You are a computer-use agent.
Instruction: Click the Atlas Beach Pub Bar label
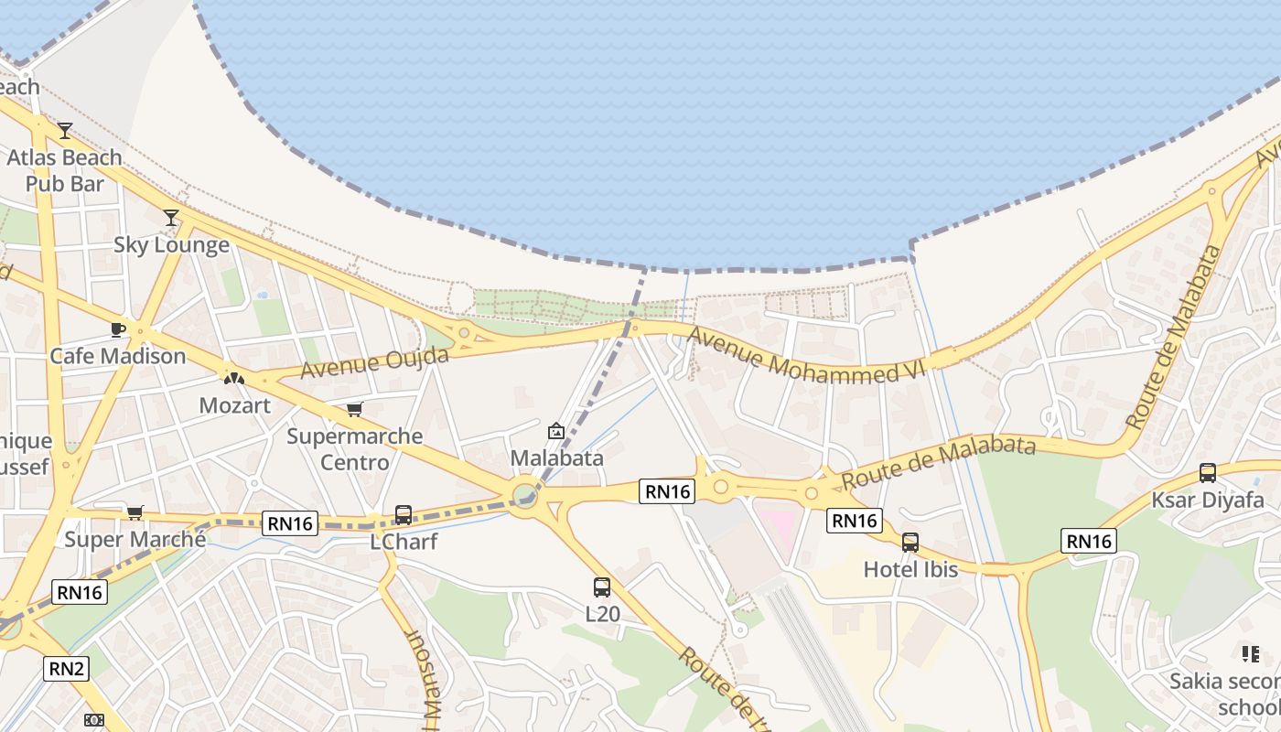[x=64, y=170]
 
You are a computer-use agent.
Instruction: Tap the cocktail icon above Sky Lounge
[x=171, y=218]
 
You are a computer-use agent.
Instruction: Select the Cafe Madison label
[x=117, y=356]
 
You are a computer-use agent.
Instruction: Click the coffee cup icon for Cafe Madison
[x=117, y=329]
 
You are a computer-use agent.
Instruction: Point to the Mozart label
[x=234, y=404]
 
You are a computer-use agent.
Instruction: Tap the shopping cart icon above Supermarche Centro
[x=354, y=409]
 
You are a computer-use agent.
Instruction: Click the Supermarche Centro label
[x=354, y=448]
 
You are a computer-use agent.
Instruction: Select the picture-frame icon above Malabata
[x=556, y=431]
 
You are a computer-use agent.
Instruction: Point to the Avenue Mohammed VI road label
[x=806, y=357]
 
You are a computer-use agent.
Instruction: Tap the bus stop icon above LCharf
[x=404, y=515]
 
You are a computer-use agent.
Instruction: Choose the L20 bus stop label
[x=601, y=614]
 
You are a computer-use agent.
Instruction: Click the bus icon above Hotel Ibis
[x=910, y=543]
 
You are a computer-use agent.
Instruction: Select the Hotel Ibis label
[x=910, y=569]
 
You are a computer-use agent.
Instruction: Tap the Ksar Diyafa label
[x=1207, y=501]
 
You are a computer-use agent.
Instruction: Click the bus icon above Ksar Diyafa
[x=1208, y=473]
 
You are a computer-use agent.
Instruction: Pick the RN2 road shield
[x=67, y=669]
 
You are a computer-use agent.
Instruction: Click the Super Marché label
[x=135, y=539]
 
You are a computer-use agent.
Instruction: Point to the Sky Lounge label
[x=171, y=245]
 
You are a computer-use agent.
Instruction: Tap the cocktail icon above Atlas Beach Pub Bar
[x=64, y=131]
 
